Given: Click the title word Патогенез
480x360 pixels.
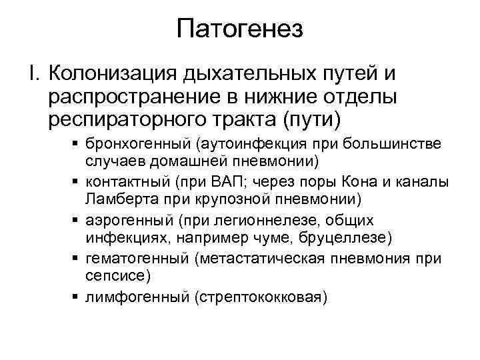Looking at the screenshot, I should (x=240, y=29).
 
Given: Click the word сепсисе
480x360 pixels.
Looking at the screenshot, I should (x=110, y=275).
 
